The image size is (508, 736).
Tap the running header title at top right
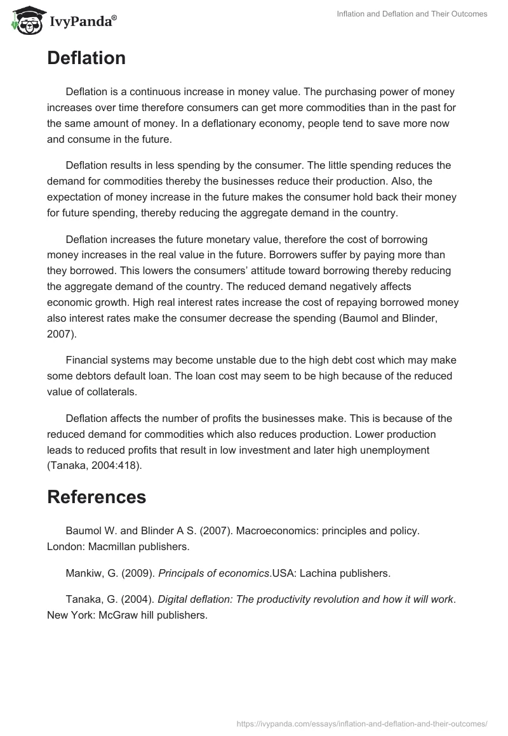click(x=411, y=14)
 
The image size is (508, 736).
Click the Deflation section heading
click(x=86, y=58)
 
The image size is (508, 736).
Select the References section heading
click(x=97, y=497)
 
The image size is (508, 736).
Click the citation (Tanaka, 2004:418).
click(x=95, y=466)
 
